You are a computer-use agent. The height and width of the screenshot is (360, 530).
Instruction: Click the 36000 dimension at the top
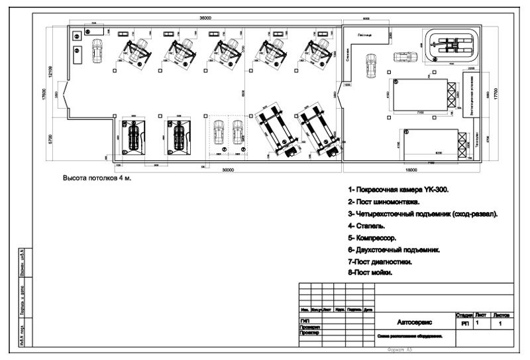click(205, 18)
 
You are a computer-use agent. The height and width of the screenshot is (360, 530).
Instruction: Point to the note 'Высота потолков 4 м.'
click(97, 179)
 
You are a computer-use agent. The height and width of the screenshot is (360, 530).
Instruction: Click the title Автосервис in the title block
click(415, 322)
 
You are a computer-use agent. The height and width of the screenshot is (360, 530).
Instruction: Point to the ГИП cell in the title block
click(305, 321)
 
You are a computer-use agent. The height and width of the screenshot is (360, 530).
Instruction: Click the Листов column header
click(502, 316)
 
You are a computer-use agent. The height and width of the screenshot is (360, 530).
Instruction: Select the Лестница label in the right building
click(364, 34)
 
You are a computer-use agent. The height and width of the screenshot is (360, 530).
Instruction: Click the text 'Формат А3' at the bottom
click(399, 350)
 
